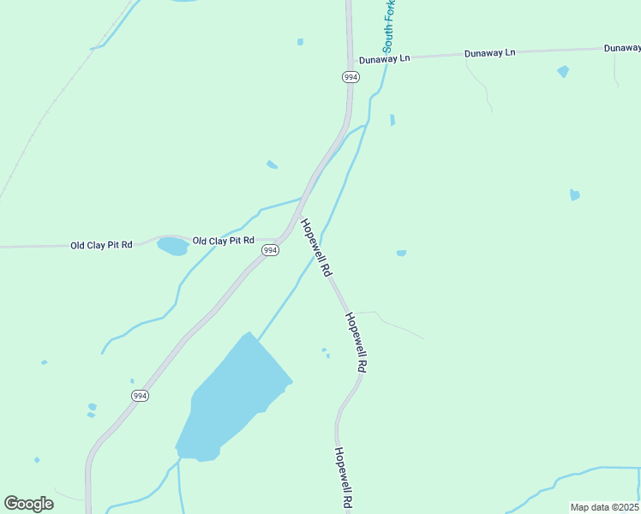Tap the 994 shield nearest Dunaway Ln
click(x=350, y=77)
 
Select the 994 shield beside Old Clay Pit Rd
click(x=270, y=250)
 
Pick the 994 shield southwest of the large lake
click(x=140, y=395)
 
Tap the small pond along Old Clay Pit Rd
click(x=172, y=247)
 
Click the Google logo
click(x=29, y=503)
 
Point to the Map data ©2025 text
click(x=604, y=507)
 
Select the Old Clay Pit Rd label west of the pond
click(x=101, y=245)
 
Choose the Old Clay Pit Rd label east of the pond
click(x=223, y=241)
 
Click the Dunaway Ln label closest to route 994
click(x=385, y=59)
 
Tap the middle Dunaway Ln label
click(x=489, y=53)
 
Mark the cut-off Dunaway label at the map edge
click(x=621, y=48)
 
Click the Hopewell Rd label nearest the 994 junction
click(x=315, y=247)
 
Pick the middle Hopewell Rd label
click(x=356, y=341)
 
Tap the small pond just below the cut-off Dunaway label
click(x=563, y=71)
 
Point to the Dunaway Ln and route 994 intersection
click(x=350, y=62)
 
